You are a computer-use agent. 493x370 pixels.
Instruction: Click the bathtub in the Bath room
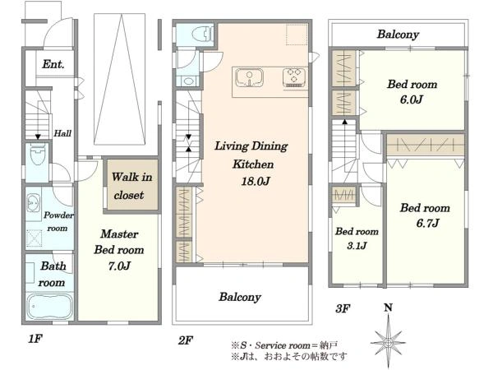(49, 306)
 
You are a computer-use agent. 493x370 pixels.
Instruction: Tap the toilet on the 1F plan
(38, 155)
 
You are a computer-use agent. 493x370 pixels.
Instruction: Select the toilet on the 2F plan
(202, 34)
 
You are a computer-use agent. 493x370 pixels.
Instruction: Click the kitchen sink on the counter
(249, 78)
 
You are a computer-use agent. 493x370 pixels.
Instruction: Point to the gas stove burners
(295, 77)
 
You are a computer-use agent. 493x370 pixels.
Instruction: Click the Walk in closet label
(131, 186)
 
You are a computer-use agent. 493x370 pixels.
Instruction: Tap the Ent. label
(53, 64)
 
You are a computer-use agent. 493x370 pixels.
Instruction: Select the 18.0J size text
(255, 181)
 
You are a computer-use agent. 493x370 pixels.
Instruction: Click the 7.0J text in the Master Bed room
(119, 266)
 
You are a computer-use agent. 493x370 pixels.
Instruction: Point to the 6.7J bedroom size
(427, 224)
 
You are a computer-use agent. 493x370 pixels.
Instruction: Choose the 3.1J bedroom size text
(357, 245)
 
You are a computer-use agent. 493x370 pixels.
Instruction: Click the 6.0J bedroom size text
(412, 99)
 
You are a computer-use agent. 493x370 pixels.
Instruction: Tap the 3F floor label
(343, 308)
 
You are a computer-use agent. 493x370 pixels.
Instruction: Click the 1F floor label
(35, 339)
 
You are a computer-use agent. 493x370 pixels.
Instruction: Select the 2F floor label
(186, 340)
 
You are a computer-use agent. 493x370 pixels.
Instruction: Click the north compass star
(389, 341)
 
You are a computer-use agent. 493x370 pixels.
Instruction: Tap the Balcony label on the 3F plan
(398, 34)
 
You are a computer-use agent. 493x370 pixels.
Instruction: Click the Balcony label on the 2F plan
(240, 297)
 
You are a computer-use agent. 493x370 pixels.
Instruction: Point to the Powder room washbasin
(33, 202)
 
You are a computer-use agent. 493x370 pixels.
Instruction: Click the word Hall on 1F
(62, 133)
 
